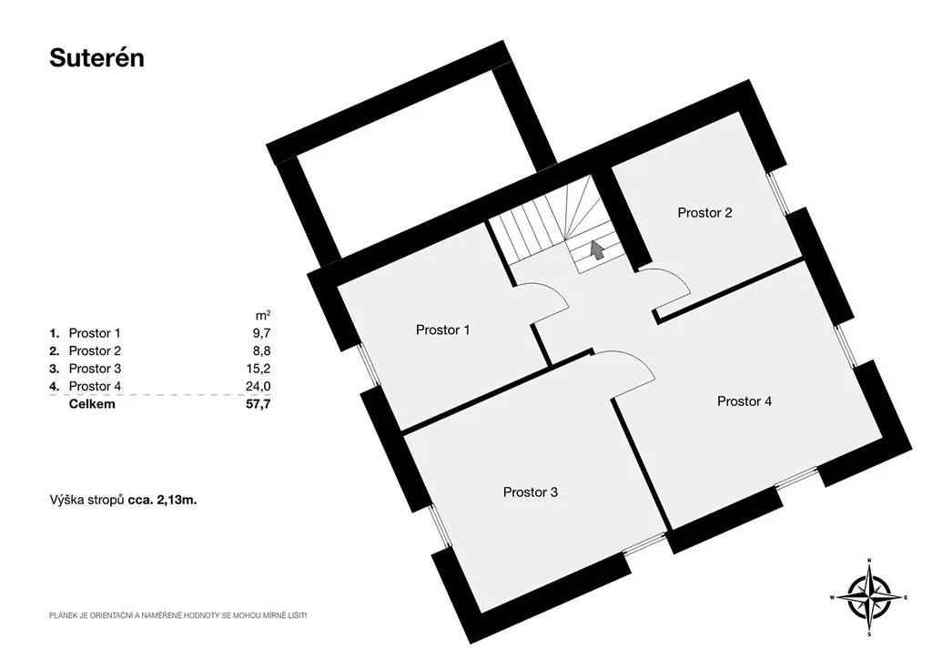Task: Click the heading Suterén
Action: [x=96, y=58]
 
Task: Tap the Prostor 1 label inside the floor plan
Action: [x=443, y=329]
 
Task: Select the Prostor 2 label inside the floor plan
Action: [x=705, y=213]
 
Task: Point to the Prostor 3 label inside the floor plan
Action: [x=531, y=492]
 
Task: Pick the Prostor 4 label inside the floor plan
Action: [x=745, y=401]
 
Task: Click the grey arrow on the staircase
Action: [x=597, y=249]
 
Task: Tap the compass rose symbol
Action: [x=869, y=597]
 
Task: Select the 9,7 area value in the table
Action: [x=261, y=333]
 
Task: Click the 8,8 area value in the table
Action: [x=261, y=351]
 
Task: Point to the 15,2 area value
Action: [x=258, y=369]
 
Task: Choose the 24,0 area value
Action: [x=258, y=386]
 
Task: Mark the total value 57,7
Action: [x=258, y=404]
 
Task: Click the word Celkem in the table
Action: [x=92, y=404]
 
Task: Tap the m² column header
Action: [x=263, y=315]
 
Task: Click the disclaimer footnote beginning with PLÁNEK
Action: [x=177, y=616]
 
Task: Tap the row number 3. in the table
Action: [x=55, y=369]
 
